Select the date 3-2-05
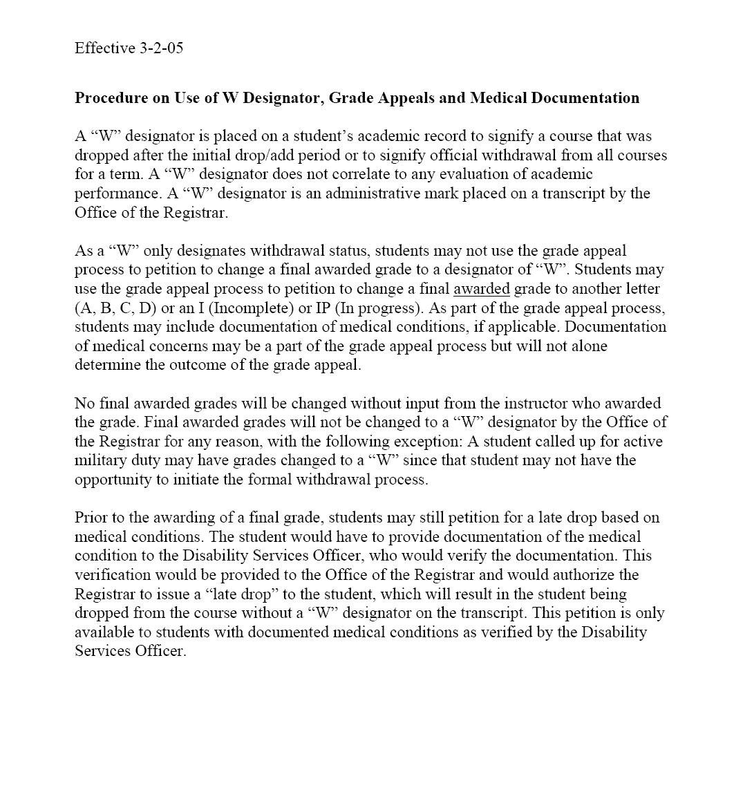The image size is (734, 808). (161, 48)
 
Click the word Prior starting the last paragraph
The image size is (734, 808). (90, 518)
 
